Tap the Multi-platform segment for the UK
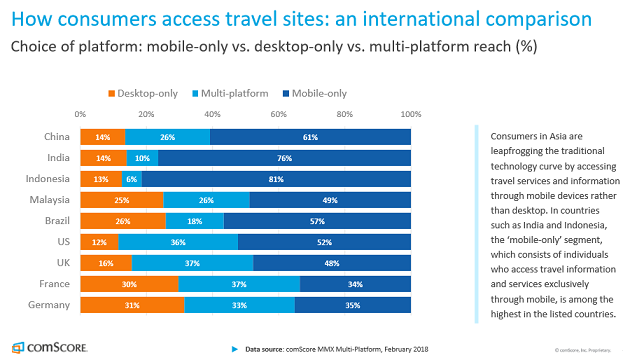click(192, 263)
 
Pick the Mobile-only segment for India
click(284, 157)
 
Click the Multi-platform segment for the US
click(178, 242)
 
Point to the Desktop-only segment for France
click(129, 284)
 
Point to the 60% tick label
click(278, 114)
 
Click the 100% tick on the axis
click(410, 114)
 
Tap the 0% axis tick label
click(80, 114)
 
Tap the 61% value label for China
click(310, 136)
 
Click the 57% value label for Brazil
click(317, 221)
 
